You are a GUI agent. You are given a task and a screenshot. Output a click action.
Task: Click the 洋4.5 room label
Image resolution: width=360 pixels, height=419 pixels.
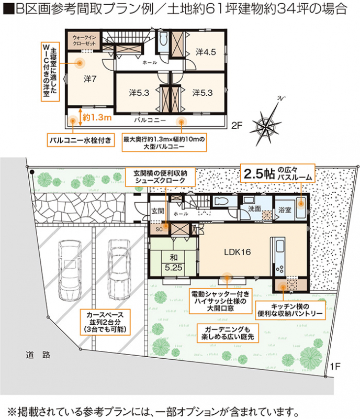tap(206, 52)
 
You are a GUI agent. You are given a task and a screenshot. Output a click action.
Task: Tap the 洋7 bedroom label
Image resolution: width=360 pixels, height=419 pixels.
tap(90, 79)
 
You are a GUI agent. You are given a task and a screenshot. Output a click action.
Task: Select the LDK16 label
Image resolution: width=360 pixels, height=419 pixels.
tap(238, 252)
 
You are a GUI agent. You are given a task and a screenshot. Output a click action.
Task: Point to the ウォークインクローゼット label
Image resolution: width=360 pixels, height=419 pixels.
tap(84, 41)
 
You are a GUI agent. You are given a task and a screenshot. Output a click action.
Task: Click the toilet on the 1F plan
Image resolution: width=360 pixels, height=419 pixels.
tap(221, 201)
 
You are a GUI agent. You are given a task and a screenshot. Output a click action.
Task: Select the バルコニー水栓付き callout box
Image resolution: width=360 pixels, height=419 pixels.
tap(81, 140)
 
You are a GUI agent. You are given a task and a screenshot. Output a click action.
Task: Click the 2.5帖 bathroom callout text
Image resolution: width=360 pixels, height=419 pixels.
tap(278, 173)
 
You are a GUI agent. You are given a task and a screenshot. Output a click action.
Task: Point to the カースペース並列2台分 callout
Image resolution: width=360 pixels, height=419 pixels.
tap(106, 322)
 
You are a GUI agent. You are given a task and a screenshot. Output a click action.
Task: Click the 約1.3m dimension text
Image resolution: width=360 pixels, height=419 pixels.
tap(97, 117)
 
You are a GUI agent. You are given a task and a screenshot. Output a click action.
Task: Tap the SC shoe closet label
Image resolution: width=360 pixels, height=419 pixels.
tap(159, 229)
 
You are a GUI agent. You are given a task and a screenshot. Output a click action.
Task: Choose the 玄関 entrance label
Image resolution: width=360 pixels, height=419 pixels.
tap(158, 211)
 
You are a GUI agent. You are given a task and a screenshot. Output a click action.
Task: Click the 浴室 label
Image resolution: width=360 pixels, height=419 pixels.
tap(285, 210)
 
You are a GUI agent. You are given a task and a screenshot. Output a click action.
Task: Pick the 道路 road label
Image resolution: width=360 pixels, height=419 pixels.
tap(38, 355)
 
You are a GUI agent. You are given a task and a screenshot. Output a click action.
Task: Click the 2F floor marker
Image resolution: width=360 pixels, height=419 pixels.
tap(237, 125)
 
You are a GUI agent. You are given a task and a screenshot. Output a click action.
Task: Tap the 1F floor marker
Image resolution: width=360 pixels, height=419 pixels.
tap(335, 366)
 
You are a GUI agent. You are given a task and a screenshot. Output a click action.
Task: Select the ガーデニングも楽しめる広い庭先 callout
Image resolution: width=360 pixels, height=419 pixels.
tap(228, 333)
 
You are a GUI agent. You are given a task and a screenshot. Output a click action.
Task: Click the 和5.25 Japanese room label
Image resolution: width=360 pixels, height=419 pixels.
tap(173, 262)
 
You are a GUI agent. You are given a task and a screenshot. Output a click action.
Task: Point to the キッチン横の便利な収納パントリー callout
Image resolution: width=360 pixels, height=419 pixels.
tap(290, 310)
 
